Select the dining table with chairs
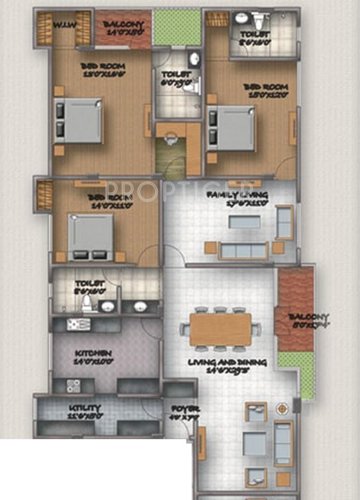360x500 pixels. click(x=222, y=328)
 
